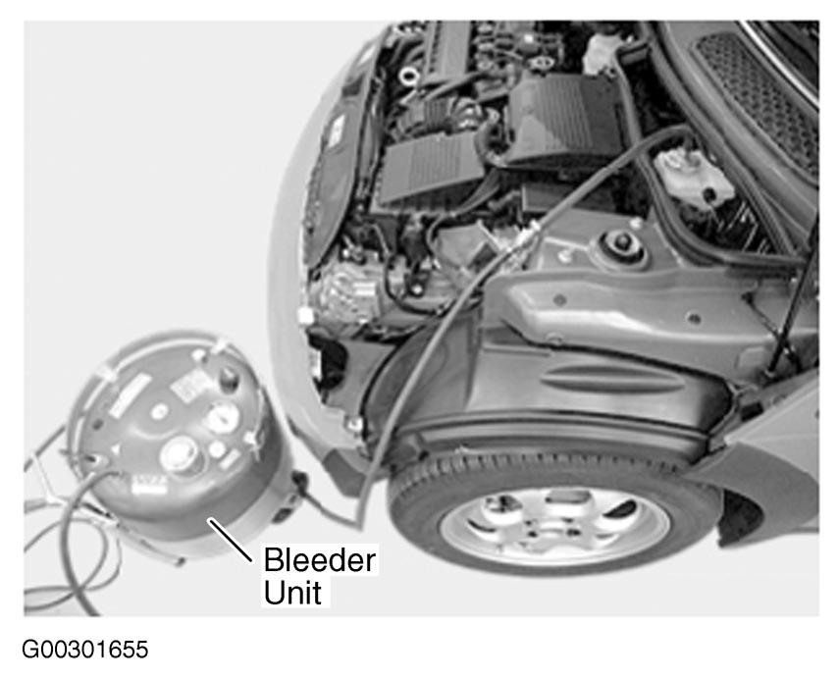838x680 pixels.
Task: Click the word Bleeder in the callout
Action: point(320,559)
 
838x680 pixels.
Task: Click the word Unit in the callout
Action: point(292,593)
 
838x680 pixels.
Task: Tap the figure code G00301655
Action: point(85,650)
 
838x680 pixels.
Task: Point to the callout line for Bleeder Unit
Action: point(230,540)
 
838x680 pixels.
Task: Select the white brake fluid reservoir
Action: point(693,177)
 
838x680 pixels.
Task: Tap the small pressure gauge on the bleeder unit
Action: point(223,418)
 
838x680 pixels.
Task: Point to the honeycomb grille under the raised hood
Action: point(759,96)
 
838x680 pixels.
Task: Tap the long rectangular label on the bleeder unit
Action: point(130,395)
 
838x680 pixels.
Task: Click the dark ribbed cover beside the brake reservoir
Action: point(566,118)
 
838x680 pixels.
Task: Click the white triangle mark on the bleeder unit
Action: point(117,449)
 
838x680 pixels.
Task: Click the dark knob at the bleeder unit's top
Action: point(229,378)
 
